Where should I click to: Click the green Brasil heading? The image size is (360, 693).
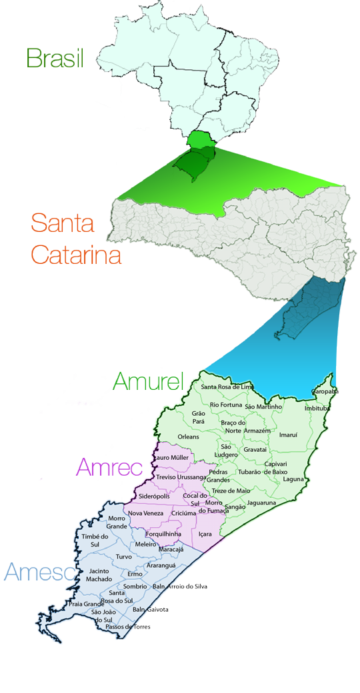pyautogui.click(x=55, y=57)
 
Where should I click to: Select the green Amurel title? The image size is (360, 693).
pyautogui.click(x=148, y=382)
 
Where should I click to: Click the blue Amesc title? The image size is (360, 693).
pyautogui.click(x=39, y=571)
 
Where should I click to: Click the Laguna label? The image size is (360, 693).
pyautogui.click(x=293, y=479)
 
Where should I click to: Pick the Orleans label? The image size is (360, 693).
pyautogui.click(x=189, y=437)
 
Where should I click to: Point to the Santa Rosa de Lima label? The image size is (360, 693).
pyautogui.click(x=227, y=387)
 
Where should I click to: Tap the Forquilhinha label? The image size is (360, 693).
pyautogui.click(x=164, y=533)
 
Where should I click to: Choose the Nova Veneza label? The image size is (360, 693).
pyautogui.click(x=145, y=513)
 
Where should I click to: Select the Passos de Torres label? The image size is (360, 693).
pyautogui.click(x=128, y=627)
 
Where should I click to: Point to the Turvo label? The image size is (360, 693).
pyautogui.click(x=124, y=556)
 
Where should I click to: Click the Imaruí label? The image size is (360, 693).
pyautogui.click(x=289, y=434)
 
